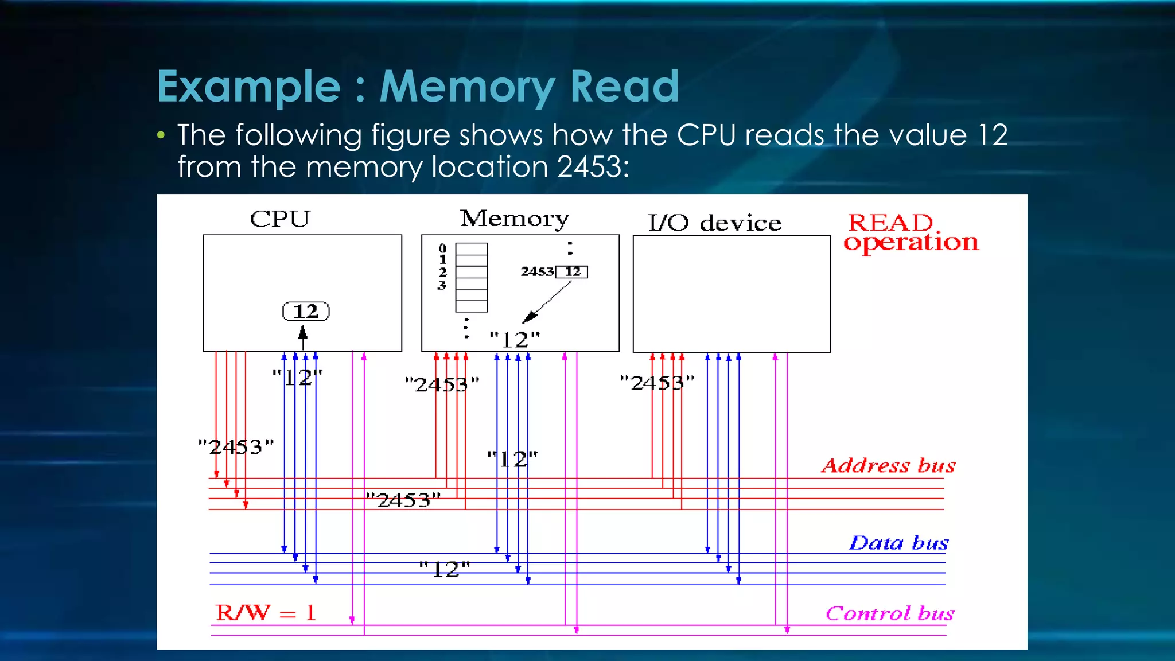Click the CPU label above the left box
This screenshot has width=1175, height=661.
280,219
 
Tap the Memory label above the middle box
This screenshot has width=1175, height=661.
514,219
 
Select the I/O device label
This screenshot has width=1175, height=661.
714,223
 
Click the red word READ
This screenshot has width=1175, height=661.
891,222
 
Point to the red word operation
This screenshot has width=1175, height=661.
911,243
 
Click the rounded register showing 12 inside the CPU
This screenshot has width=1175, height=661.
306,312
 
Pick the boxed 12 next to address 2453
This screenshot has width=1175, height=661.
572,271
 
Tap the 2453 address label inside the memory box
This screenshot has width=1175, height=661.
537,271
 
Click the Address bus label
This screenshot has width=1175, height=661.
888,465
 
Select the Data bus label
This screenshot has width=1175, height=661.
898,543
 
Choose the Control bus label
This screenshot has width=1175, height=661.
890,613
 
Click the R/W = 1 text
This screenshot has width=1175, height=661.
266,613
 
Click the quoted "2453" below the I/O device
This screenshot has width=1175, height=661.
657,383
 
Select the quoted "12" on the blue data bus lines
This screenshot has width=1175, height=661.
445,569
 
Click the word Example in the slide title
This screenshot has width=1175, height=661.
249,87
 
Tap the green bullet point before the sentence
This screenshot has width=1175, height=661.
161,136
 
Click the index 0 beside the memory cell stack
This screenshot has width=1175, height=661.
442,248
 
